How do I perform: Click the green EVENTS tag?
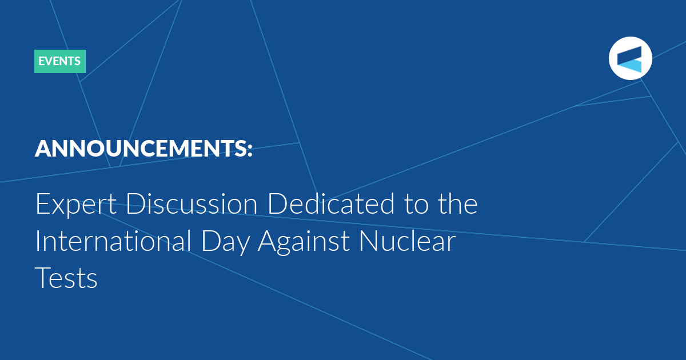point(60,61)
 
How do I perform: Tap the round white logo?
point(630,58)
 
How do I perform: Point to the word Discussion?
point(192,203)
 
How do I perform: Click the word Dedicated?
point(332,203)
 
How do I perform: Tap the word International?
point(114,241)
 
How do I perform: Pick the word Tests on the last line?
point(66,278)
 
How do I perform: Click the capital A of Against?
point(268,241)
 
